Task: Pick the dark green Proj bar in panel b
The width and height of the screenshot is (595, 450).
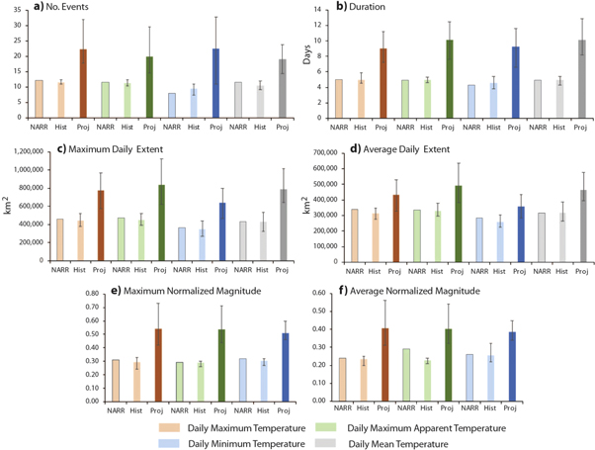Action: coord(450,78)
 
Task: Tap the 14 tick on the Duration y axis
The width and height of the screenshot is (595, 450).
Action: coord(325,10)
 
